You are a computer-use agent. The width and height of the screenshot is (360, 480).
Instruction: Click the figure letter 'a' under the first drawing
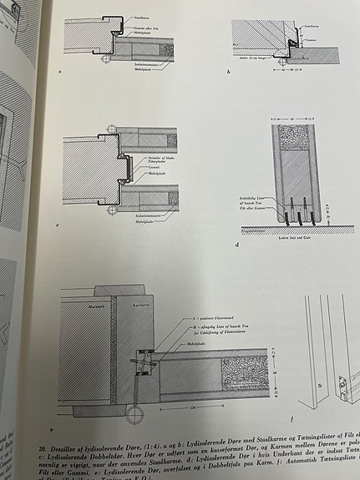point(60,73)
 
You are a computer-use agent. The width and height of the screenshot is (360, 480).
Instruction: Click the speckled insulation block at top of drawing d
point(295,138)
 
